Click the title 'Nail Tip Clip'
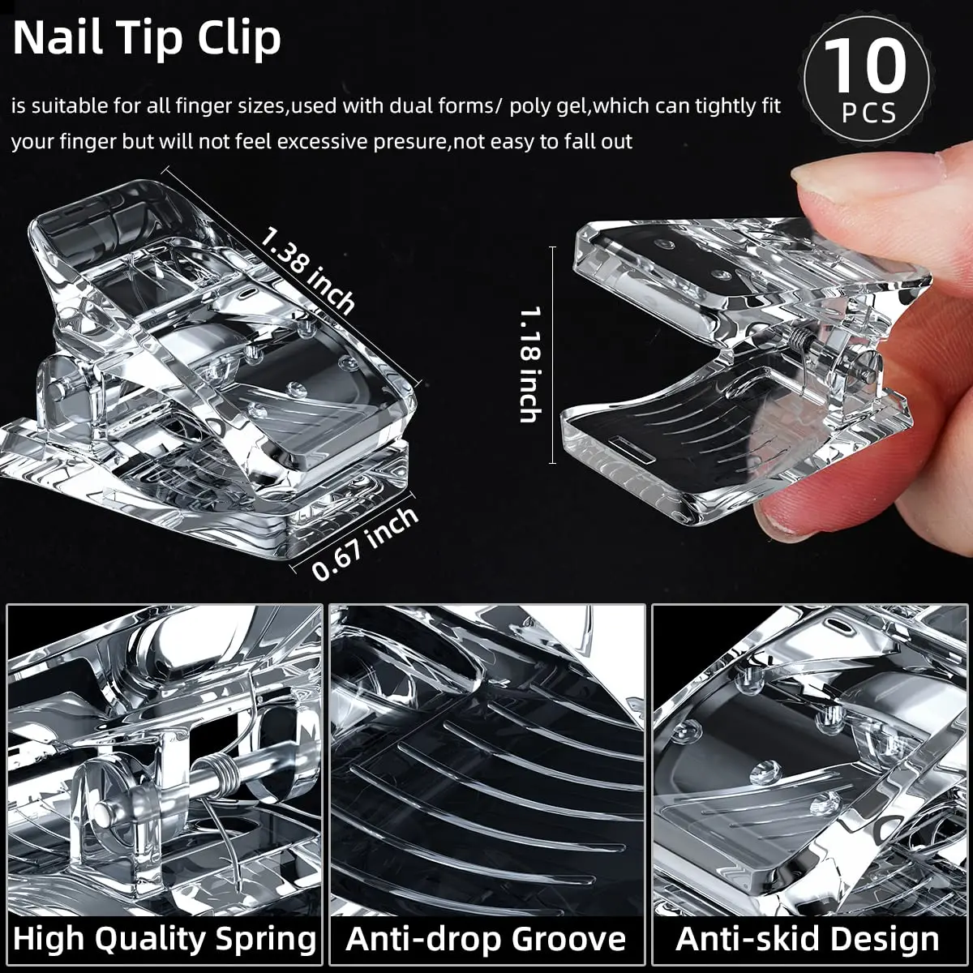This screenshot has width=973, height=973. coord(147,38)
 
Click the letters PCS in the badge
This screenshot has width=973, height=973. coord(868,113)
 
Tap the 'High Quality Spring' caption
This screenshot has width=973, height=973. coord(165,939)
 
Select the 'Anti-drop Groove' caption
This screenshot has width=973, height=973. coord(486,939)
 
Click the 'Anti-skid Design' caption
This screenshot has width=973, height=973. coord(808,939)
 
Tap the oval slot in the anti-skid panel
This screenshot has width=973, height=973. coord(842,627)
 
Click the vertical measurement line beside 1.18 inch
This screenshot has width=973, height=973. coord(553,355)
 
